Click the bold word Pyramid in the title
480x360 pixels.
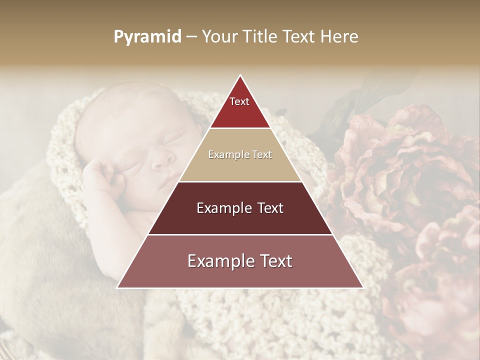coord(147,37)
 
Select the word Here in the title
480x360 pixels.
coord(338,37)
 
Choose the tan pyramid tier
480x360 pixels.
coord(240,155)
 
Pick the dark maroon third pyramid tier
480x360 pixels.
coord(240,208)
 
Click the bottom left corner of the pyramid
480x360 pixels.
coord(118,287)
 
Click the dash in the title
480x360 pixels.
coord(191,37)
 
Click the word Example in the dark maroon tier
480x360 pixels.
coord(221,208)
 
